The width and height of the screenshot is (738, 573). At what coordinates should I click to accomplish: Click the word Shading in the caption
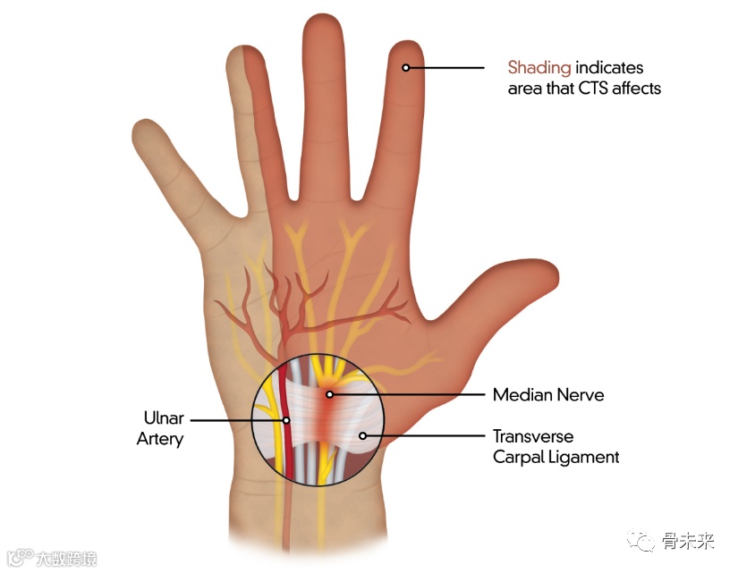coord(539,67)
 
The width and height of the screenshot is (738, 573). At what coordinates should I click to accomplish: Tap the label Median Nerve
coord(548,394)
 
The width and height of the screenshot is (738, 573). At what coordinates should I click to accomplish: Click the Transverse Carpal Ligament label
coord(556,446)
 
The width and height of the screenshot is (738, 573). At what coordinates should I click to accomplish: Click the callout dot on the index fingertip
coord(405,67)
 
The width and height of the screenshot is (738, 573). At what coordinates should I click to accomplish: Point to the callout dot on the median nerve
coord(329,393)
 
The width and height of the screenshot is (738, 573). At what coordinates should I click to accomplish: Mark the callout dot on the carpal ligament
coord(362,436)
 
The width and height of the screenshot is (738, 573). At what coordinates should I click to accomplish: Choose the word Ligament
coord(587,457)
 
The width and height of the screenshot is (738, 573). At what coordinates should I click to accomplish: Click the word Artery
coord(160,439)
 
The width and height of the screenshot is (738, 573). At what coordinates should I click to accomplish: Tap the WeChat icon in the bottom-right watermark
coord(641,543)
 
